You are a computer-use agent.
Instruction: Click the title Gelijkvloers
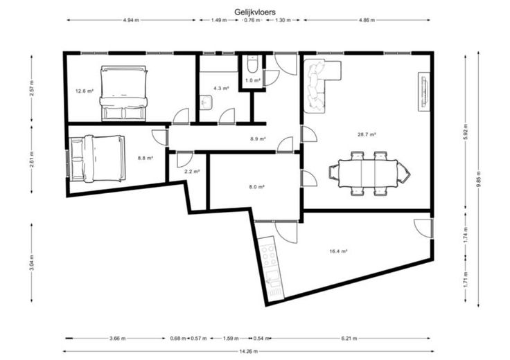[x=255, y=12]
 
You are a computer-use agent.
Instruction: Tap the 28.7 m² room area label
[x=367, y=134]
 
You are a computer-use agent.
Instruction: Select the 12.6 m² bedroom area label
[x=85, y=91]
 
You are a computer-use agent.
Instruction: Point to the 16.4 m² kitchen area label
[x=338, y=251]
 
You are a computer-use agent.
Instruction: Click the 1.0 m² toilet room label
[x=253, y=80]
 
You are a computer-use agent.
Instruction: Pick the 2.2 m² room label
[x=192, y=172]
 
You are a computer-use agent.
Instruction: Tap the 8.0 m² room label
[x=256, y=187]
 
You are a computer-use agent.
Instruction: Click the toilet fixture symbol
[x=252, y=64]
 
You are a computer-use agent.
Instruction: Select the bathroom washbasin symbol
[x=206, y=102]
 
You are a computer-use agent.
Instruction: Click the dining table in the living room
[x=368, y=173]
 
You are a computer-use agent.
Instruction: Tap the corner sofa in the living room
[x=322, y=86]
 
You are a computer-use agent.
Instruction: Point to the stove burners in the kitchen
[x=270, y=254]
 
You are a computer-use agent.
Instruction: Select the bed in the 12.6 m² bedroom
[x=123, y=93]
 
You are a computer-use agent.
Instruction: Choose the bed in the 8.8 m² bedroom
[x=97, y=159]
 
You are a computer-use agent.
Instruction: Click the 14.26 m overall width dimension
[x=248, y=351]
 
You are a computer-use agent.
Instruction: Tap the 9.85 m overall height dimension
[x=478, y=179]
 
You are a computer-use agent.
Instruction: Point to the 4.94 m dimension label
[x=131, y=20]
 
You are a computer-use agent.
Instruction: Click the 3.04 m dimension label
[x=32, y=262]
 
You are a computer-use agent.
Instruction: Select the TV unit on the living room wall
[x=424, y=92]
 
